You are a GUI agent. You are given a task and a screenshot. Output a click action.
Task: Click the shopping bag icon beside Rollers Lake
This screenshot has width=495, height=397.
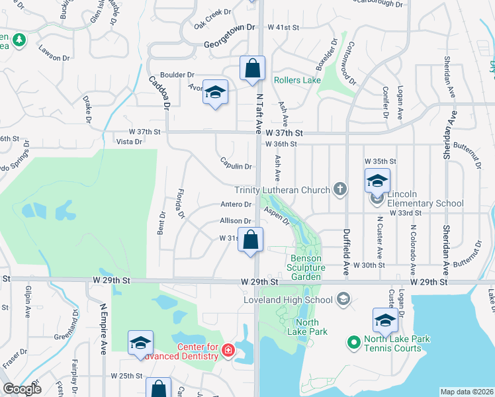[x=252, y=68]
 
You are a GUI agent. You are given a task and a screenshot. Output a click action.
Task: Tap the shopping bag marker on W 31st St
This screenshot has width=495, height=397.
[x=251, y=240]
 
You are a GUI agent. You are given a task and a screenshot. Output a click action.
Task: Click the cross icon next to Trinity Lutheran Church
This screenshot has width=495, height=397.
[x=339, y=190]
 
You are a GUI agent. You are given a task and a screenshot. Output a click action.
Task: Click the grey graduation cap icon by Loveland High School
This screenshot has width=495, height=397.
[x=343, y=300]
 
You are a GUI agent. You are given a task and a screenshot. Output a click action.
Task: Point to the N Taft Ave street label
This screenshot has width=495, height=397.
[x=260, y=110]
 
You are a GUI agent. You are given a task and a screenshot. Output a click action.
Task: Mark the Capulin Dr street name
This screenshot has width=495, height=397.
[x=236, y=167]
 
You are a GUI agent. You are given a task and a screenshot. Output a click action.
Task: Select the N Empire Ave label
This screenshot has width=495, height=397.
[x=104, y=328]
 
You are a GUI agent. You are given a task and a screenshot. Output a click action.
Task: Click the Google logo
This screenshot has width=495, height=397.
[x=22, y=389]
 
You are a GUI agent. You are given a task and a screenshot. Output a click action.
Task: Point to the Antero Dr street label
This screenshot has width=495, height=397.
[x=236, y=204]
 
